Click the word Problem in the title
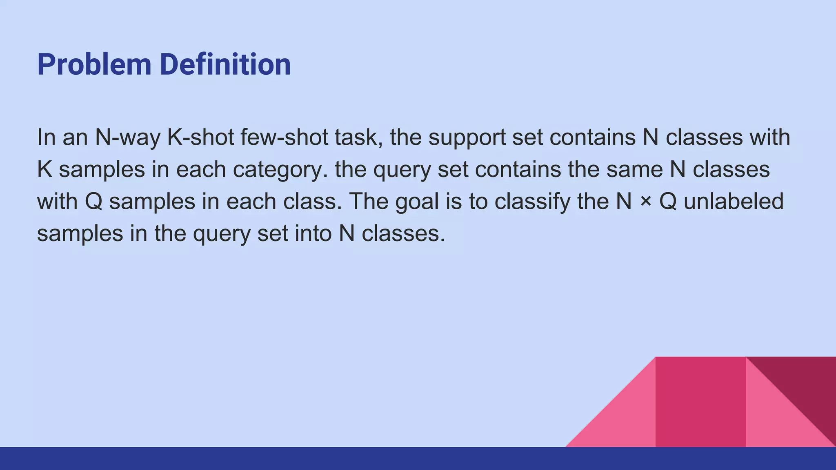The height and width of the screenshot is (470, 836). tap(94, 64)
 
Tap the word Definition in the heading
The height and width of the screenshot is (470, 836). tap(225, 64)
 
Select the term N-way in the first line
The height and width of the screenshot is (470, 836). tap(127, 137)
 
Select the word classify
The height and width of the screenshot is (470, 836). tap(532, 202)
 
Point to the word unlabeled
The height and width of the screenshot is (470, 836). tap(734, 202)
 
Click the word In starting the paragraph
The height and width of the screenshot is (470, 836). tap(46, 137)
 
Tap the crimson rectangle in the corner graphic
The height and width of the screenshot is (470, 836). tap(700, 402)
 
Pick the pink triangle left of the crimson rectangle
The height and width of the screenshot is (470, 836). tap(625, 420)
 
